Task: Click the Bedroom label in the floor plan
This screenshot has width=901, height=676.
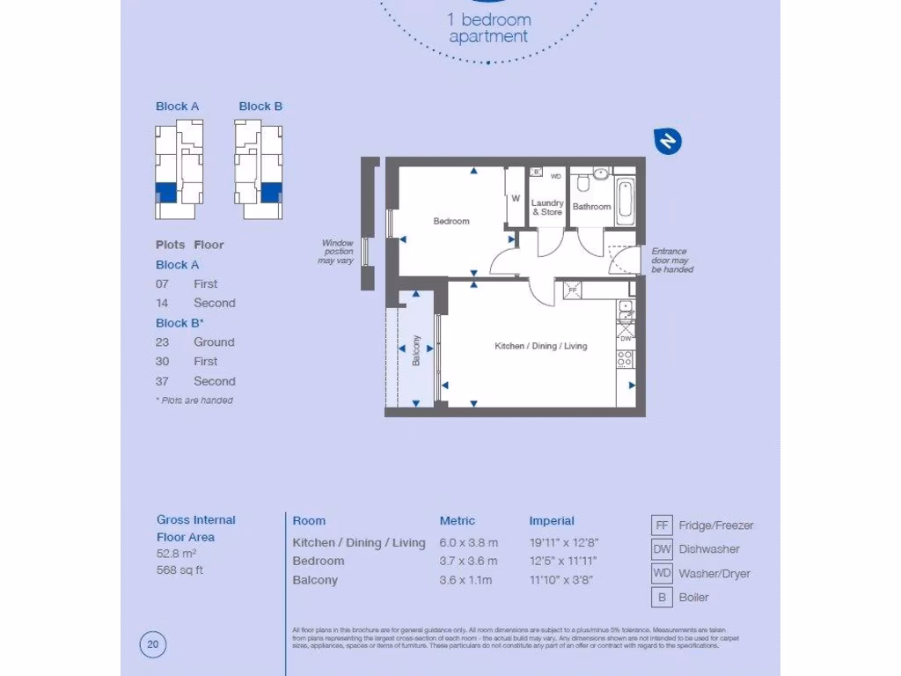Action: (451, 221)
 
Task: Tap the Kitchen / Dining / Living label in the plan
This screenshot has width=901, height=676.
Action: (540, 346)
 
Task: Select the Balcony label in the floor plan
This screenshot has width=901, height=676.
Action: (417, 350)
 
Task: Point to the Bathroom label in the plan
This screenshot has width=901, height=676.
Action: (591, 207)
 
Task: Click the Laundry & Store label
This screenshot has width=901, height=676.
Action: (547, 207)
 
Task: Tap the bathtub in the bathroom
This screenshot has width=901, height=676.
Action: (625, 200)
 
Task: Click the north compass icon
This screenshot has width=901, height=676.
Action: (668, 141)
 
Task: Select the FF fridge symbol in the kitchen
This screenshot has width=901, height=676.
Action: (573, 290)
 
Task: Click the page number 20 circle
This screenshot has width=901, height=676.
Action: (153, 645)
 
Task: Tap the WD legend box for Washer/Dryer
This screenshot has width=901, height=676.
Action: (663, 573)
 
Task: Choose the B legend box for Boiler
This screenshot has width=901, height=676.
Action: (663, 598)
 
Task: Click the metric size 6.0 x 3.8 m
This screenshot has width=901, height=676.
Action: (468, 542)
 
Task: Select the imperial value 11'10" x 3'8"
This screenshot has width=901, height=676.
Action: (562, 580)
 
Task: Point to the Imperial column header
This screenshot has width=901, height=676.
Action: (552, 520)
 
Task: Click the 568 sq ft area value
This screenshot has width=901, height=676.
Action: (181, 569)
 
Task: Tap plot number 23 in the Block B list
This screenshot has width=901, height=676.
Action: (162, 342)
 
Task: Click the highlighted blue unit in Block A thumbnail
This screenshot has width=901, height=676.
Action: (165, 191)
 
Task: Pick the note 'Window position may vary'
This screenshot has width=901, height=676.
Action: (337, 252)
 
